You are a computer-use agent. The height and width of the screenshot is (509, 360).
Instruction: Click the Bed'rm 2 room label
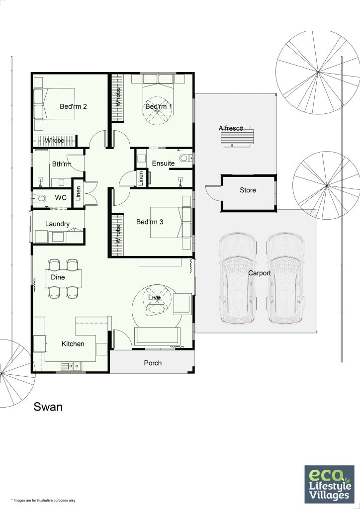tap(74, 106)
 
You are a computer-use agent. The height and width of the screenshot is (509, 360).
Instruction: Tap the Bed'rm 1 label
tap(159, 106)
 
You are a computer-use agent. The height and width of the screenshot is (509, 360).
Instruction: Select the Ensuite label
tap(163, 163)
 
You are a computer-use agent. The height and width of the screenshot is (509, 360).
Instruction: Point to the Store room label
tap(248, 190)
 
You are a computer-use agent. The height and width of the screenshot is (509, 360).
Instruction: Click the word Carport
tap(259, 273)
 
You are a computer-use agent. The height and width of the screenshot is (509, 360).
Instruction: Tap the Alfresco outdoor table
tap(238, 138)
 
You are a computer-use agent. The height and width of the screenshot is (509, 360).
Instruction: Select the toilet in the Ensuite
tap(185, 159)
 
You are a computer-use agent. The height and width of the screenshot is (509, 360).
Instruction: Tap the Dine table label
tap(58, 277)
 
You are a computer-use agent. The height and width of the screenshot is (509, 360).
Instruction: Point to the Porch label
tap(153, 363)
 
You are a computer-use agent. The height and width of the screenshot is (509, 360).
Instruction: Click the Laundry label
tap(57, 224)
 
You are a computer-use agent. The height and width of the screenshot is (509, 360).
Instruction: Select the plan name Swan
tap(48, 407)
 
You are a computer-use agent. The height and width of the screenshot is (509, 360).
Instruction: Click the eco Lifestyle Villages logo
tap(329, 484)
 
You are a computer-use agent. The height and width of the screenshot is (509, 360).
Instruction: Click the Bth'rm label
tap(62, 164)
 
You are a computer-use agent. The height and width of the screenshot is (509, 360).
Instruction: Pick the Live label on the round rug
tap(155, 297)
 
